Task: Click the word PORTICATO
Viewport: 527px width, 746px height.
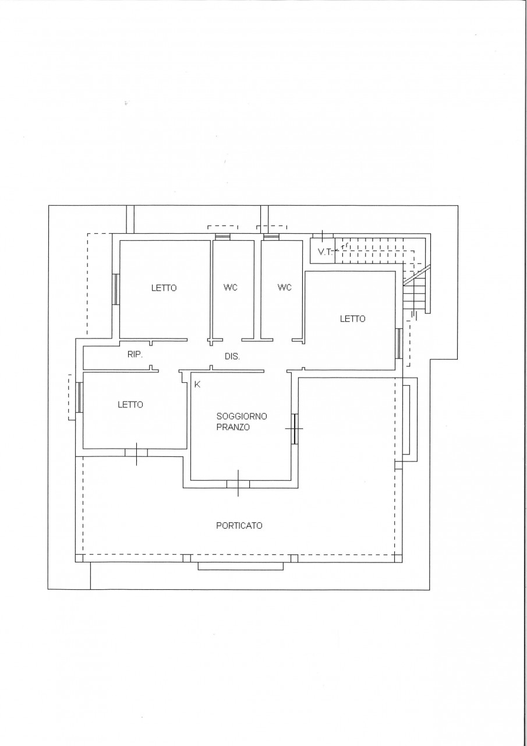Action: click(x=239, y=526)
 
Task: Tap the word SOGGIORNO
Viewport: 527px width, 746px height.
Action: click(x=242, y=416)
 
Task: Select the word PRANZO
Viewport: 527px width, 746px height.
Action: click(x=233, y=427)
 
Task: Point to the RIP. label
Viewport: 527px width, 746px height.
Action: click(x=135, y=355)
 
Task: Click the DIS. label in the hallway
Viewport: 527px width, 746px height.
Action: click(x=232, y=357)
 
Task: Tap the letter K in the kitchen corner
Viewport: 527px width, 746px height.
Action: click(x=197, y=384)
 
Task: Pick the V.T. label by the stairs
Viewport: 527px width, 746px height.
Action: click(x=325, y=252)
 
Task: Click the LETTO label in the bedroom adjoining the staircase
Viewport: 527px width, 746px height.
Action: click(x=353, y=319)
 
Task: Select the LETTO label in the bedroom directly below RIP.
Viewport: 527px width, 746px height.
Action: click(x=130, y=404)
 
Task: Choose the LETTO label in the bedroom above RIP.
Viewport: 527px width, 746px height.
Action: click(x=164, y=288)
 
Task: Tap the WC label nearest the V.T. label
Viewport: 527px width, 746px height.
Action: click(x=284, y=287)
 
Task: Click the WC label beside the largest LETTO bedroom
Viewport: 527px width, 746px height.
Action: click(x=230, y=287)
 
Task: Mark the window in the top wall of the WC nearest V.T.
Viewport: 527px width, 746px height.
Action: click(x=270, y=237)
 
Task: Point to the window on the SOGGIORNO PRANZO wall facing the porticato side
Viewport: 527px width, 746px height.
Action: click(x=294, y=429)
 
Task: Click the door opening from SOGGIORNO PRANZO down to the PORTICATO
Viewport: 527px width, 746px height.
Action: click(x=238, y=484)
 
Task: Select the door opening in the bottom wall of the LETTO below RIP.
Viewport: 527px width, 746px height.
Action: click(x=136, y=453)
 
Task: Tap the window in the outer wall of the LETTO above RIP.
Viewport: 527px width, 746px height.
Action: click(x=116, y=289)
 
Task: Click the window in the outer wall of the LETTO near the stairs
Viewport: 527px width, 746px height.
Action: click(x=399, y=343)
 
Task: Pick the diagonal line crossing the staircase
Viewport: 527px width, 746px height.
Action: click(x=417, y=275)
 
